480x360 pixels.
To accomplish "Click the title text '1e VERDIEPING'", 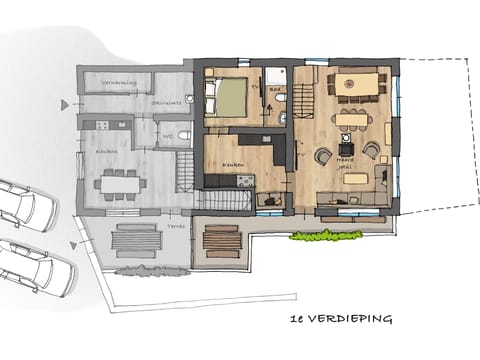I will pyautogui.click(x=338, y=319).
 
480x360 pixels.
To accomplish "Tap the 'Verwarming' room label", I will pyautogui.click(x=119, y=83).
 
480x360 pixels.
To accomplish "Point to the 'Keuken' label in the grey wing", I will pyautogui.click(x=107, y=151).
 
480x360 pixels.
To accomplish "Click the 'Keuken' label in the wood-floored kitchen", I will pyautogui.click(x=234, y=164).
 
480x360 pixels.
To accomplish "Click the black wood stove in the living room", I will pyautogui.click(x=346, y=149).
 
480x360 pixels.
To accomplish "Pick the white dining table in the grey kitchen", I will pyautogui.click(x=121, y=183).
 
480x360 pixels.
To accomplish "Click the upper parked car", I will pyautogui.click(x=25, y=205).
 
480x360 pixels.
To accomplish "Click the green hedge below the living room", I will pyautogui.click(x=325, y=235).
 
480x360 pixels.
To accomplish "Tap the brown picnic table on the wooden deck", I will pyautogui.click(x=221, y=241).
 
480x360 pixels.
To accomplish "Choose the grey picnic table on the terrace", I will pyautogui.click(x=135, y=241).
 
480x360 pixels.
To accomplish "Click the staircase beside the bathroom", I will pyautogui.click(x=301, y=97).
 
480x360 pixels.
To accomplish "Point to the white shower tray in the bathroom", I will pyautogui.click(x=275, y=76).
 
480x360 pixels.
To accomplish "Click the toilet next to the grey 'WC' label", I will pyautogui.click(x=184, y=135).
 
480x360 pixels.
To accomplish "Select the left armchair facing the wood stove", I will pyautogui.click(x=322, y=156).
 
